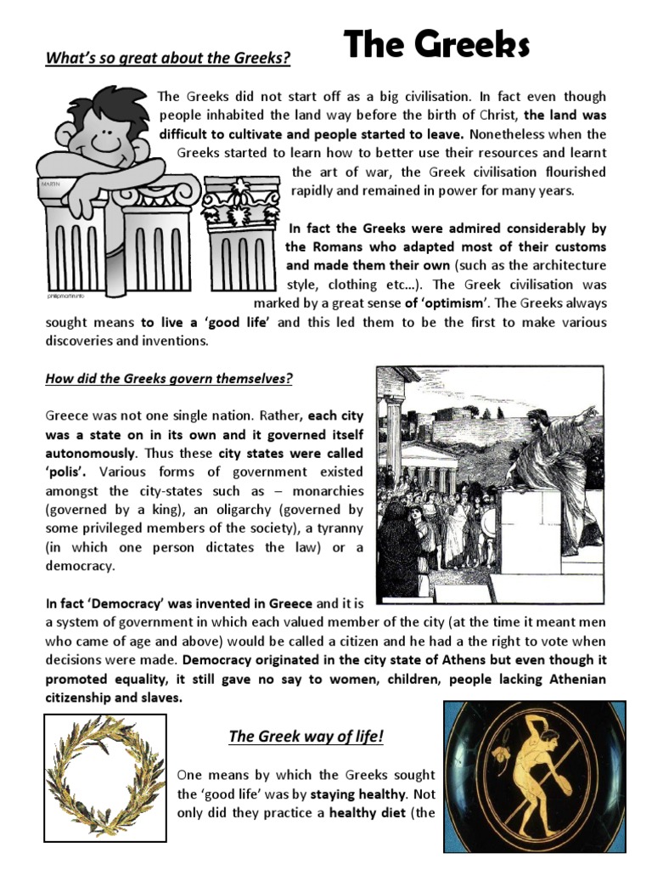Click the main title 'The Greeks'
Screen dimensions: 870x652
click(436, 44)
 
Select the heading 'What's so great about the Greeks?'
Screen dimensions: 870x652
click(168, 59)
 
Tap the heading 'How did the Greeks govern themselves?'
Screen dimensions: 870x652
click(169, 378)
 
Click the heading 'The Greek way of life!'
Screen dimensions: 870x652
click(306, 736)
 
